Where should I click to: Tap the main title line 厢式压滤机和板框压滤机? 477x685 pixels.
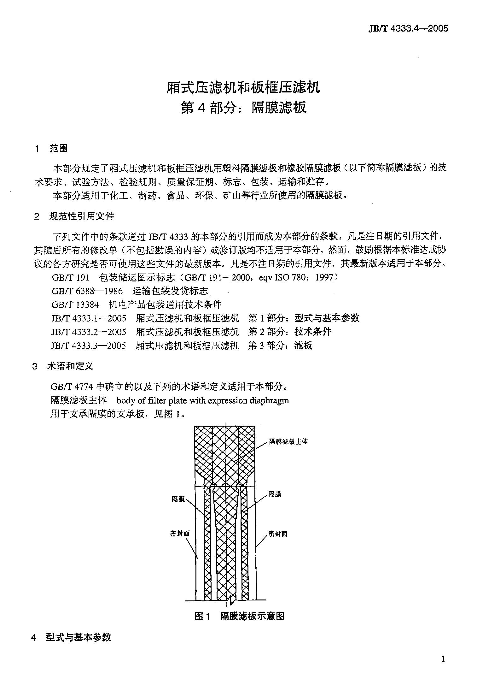tap(243, 87)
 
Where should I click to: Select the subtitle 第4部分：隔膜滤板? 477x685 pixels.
tap(243, 108)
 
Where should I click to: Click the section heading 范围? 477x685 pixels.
tap(58, 148)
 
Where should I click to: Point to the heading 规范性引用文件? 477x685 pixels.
tap(82, 216)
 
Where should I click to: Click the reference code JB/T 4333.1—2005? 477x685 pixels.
tap(89, 318)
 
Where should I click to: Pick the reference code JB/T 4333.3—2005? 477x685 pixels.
tap(89, 345)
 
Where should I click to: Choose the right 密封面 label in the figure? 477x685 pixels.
tap(278, 534)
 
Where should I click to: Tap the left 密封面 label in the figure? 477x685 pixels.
tap(180, 534)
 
